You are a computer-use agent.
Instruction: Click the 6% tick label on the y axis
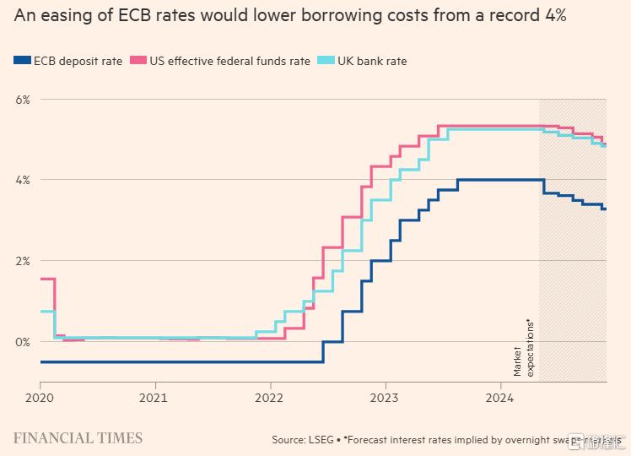click(x=22, y=100)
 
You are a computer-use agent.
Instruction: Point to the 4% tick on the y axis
click(x=22, y=180)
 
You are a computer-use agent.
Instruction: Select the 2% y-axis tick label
click(x=22, y=261)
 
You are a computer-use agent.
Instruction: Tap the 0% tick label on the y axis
click(x=22, y=342)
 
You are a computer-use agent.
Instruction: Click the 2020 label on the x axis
click(x=40, y=396)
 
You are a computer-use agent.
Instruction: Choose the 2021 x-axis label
click(x=154, y=396)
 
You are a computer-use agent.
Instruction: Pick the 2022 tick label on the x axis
click(x=269, y=396)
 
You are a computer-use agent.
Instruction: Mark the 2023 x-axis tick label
click(x=385, y=396)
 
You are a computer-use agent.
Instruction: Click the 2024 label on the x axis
click(x=499, y=396)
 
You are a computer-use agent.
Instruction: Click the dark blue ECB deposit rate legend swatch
click(x=22, y=61)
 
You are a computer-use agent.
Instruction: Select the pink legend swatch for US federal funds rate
click(x=138, y=61)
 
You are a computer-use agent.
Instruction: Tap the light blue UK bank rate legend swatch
click(x=325, y=61)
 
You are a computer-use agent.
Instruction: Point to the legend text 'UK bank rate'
click(x=372, y=61)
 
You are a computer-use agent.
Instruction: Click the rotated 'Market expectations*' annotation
click(x=524, y=348)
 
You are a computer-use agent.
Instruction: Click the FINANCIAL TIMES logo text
click(x=78, y=437)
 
